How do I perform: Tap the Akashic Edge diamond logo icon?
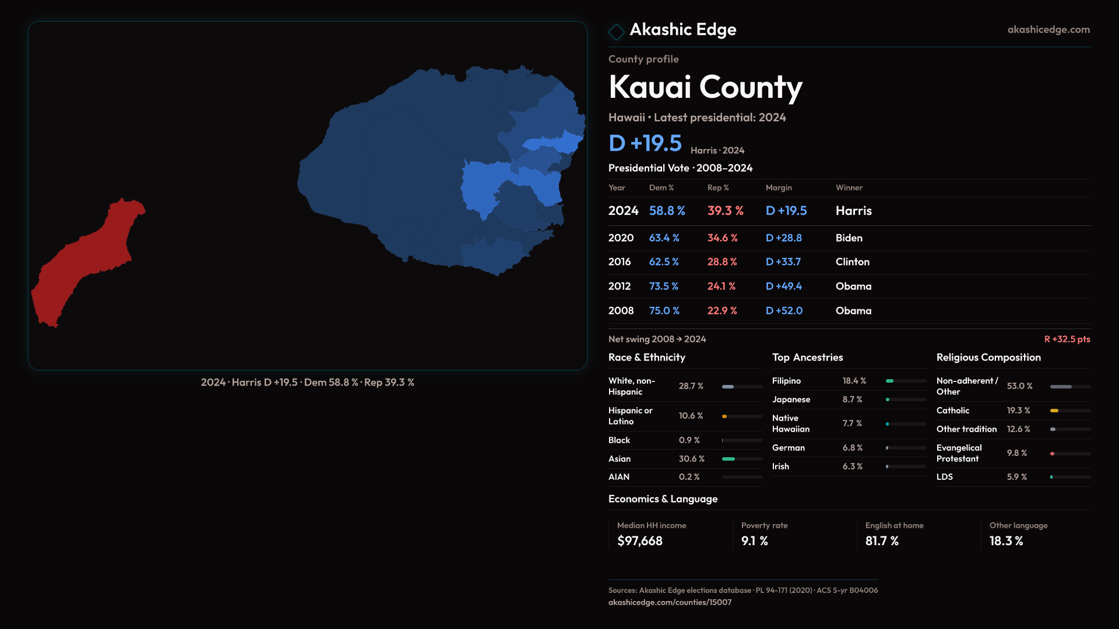pos(616,31)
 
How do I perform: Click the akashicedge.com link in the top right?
pos(1048,30)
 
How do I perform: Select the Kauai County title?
pos(705,87)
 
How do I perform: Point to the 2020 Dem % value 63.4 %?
pos(664,238)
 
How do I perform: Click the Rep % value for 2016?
pos(722,262)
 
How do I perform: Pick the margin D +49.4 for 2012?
pos(783,287)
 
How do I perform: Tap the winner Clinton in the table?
pos(852,262)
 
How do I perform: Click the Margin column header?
pos(779,188)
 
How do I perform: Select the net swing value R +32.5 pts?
pos(1067,339)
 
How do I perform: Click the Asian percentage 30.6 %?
pos(691,459)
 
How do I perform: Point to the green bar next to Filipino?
pos(889,381)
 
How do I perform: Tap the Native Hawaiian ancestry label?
pos(790,423)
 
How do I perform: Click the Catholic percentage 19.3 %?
pos(1018,411)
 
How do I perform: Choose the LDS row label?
pos(944,477)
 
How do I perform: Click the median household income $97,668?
pos(639,541)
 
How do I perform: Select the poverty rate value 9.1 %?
pos(754,541)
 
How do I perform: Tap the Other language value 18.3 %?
pos(1006,541)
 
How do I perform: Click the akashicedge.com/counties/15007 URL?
pos(670,602)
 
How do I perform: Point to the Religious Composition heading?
pos(988,358)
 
